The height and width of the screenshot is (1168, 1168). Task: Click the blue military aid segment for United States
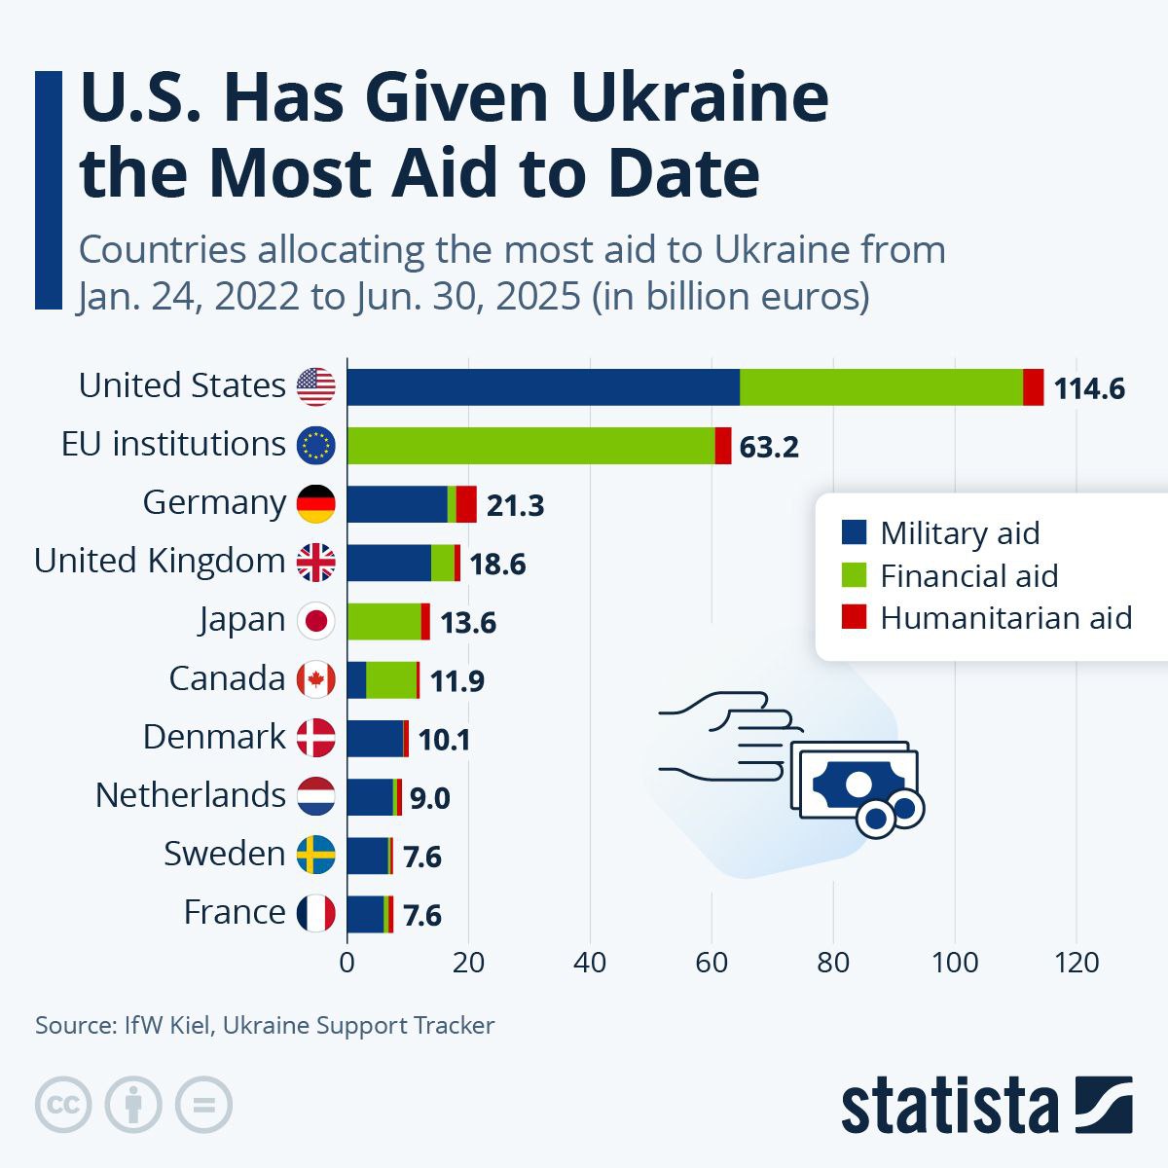tap(543, 387)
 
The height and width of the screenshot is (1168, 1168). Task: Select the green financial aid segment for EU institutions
tap(530, 446)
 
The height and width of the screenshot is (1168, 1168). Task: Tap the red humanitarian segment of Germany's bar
tap(466, 504)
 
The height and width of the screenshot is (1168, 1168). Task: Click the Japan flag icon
tap(315, 621)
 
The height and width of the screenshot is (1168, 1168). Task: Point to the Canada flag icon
tap(315, 679)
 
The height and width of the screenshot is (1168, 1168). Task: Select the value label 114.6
tap(1089, 389)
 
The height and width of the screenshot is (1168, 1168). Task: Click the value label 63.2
tap(769, 448)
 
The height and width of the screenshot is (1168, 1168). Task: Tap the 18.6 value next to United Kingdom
tap(497, 565)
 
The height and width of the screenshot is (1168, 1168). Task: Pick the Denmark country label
tap(214, 737)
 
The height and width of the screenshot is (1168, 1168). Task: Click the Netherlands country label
tap(190, 795)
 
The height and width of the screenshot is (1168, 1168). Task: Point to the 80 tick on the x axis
tap(833, 963)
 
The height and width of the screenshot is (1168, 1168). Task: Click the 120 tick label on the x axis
tap(1077, 963)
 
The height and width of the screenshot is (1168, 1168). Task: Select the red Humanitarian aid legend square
tap(854, 617)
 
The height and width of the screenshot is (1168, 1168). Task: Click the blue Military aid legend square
tap(854, 532)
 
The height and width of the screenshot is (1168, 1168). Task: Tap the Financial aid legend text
tap(968, 576)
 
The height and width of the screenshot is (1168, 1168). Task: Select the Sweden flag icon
tap(315, 855)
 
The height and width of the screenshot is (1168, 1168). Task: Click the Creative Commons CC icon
tap(63, 1105)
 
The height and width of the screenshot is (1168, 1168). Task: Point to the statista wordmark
tap(949, 1107)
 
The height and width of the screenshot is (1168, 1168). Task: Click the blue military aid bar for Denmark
tap(375, 739)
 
